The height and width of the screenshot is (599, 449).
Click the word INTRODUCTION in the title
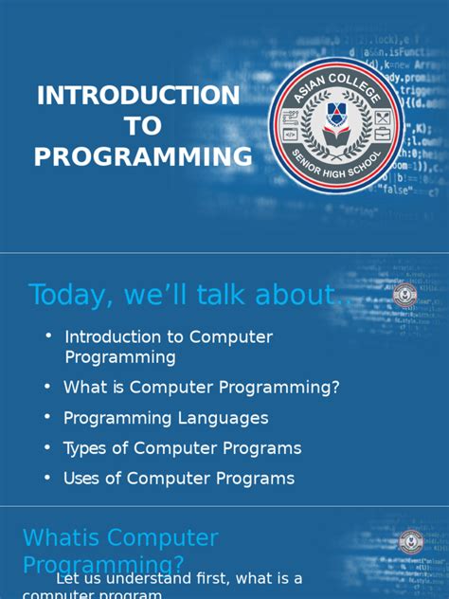pyautogui.click(x=137, y=96)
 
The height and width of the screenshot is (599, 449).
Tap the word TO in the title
pyautogui.click(x=143, y=126)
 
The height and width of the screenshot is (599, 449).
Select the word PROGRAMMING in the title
pyautogui.click(x=143, y=156)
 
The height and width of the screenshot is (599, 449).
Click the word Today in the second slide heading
pyautogui.click(x=66, y=295)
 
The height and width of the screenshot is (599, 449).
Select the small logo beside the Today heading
pyautogui.click(x=404, y=296)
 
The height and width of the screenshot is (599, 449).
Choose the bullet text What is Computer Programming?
pyautogui.click(x=201, y=387)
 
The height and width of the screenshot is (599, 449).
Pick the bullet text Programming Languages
pyautogui.click(x=166, y=418)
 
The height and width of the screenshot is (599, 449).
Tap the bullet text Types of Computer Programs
pyautogui.click(x=182, y=448)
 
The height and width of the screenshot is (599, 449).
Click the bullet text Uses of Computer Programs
pyautogui.click(x=178, y=479)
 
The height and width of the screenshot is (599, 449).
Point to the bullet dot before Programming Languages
pyautogui.click(x=47, y=417)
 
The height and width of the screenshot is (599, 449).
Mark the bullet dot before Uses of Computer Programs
pyautogui.click(x=47, y=478)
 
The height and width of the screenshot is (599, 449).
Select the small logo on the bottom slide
pyautogui.click(x=410, y=542)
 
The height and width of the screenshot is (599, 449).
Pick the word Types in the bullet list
pyautogui.click(x=84, y=448)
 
